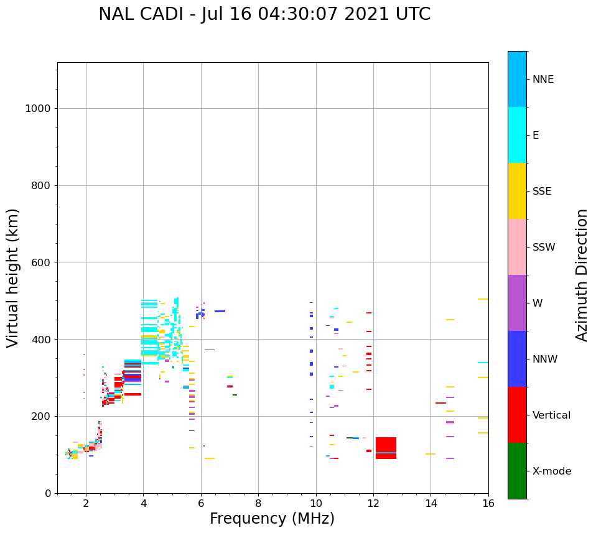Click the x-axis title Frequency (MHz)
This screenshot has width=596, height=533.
pyautogui.click(x=272, y=519)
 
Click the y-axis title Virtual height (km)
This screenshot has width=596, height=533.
pyautogui.click(x=13, y=277)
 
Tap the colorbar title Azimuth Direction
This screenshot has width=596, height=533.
pyautogui.click(x=582, y=275)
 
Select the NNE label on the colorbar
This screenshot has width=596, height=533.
pyautogui.click(x=543, y=80)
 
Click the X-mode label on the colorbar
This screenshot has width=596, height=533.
pyautogui.click(x=552, y=471)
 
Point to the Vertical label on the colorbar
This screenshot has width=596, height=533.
pyautogui.click(x=552, y=415)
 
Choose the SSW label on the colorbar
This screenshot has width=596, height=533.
pyautogui.click(x=544, y=248)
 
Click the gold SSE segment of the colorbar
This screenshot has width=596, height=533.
pyautogui.click(x=517, y=191)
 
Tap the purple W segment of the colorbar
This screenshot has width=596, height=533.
pyautogui.click(x=517, y=303)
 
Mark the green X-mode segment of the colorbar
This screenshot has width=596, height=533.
pyautogui.click(x=517, y=471)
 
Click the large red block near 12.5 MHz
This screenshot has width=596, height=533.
pyautogui.click(x=386, y=448)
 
